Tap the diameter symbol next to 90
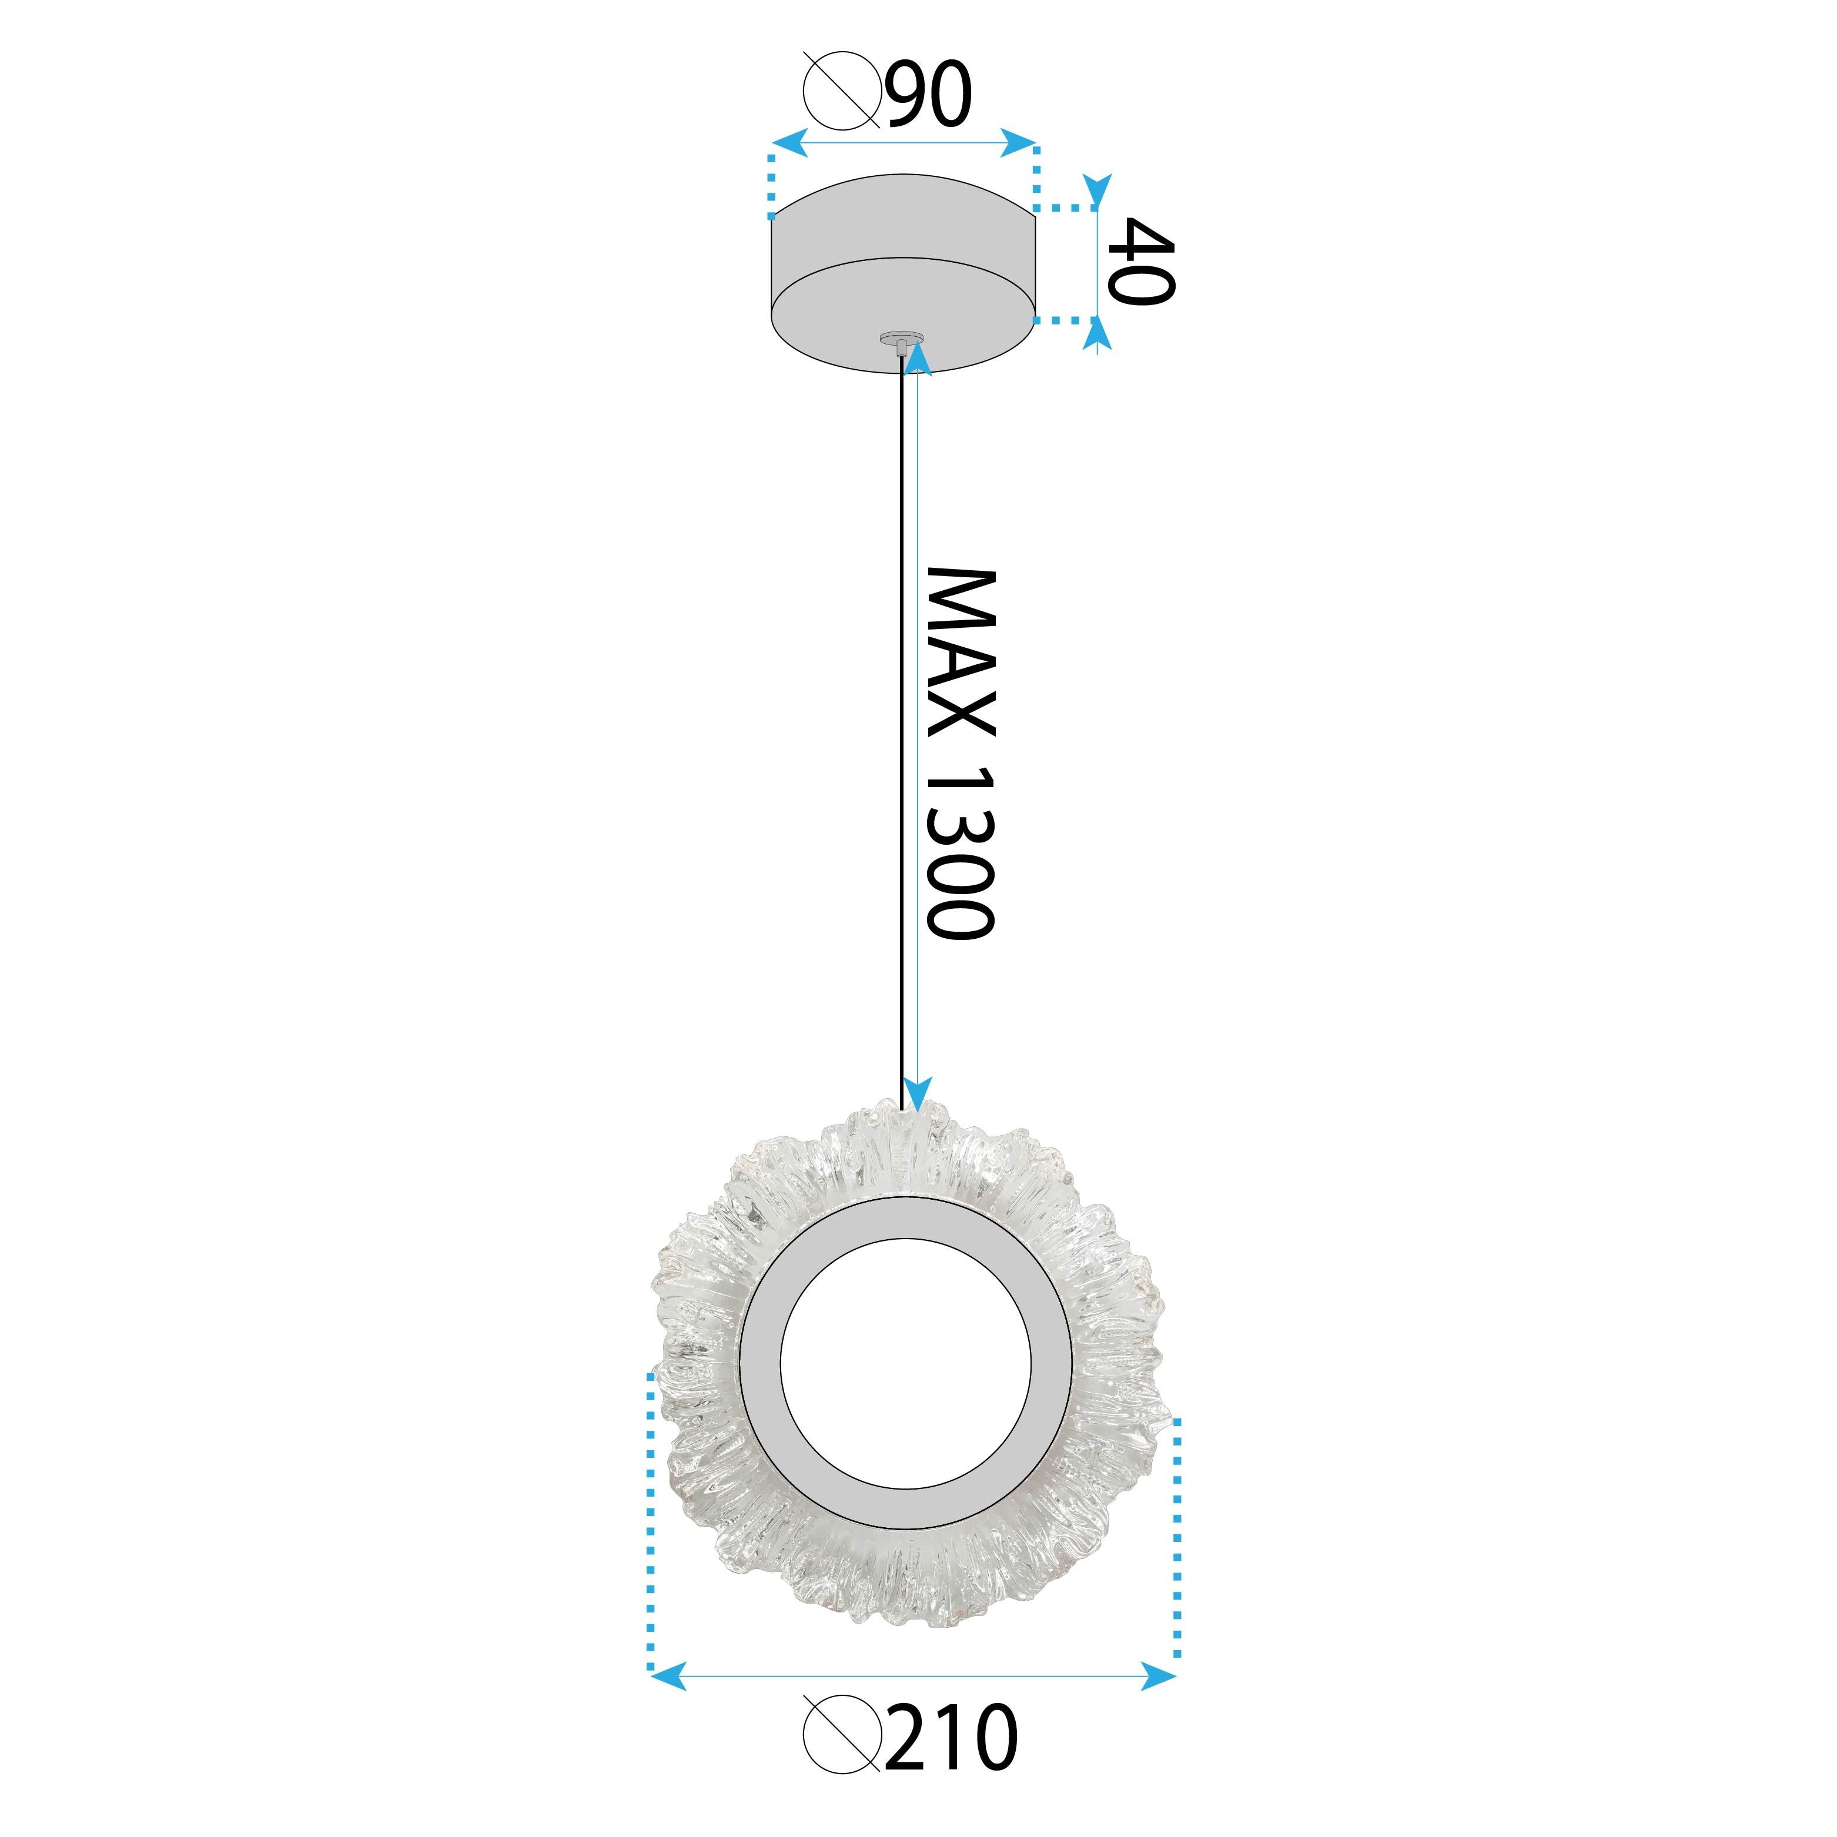(x=841, y=91)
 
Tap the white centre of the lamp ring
(x=904, y=1378)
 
